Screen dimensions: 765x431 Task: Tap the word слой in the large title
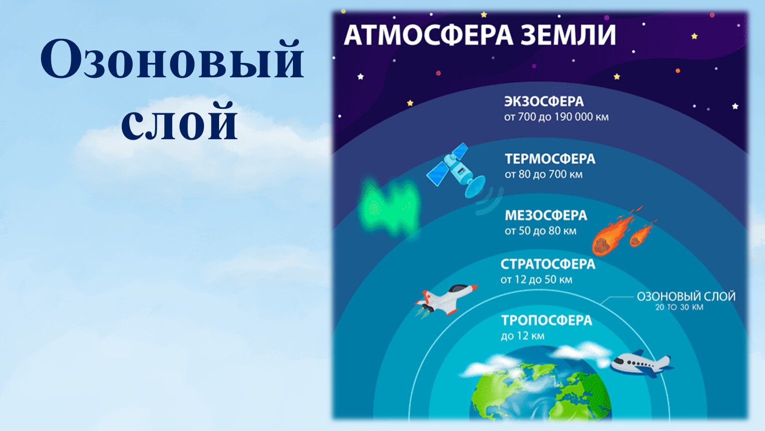[179, 121]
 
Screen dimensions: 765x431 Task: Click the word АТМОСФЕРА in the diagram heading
[429, 35]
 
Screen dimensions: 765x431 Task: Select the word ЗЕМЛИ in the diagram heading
[568, 35]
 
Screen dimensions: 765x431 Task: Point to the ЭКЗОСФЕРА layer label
[544, 101]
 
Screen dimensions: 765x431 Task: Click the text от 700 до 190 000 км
[556, 117]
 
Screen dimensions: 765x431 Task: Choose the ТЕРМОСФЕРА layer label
[550, 159]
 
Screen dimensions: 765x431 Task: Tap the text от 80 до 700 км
[544, 175]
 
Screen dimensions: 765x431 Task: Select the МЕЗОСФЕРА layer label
[546, 215]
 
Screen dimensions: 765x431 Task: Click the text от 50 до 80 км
[540, 231]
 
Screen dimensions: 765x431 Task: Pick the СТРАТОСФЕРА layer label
[548, 264]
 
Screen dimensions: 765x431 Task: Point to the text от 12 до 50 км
[536, 280]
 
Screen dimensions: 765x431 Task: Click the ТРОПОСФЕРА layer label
[546, 320]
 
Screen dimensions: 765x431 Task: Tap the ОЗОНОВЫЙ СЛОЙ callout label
[686, 296]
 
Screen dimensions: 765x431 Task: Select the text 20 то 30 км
[679, 307]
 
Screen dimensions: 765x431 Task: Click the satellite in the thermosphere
[456, 170]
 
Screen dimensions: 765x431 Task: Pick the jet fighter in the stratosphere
[445, 299]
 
